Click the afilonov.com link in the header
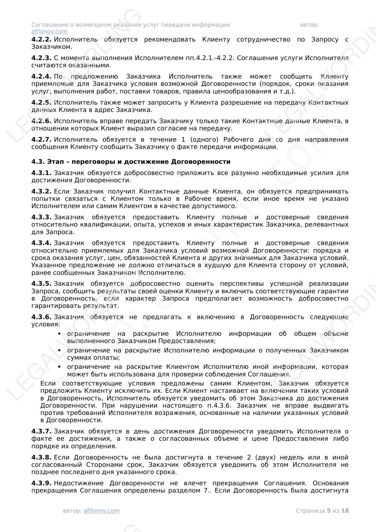tap(49, 32)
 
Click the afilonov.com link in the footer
tap(101, 510)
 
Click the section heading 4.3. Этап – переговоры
tap(131, 162)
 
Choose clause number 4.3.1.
tap(41, 173)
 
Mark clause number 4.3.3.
tap(41, 217)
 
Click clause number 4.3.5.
tap(41, 284)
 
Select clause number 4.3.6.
tap(41, 317)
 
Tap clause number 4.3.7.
tap(41, 431)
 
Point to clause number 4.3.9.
tap(41, 483)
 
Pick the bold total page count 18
tap(345, 510)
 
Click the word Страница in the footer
tap(310, 510)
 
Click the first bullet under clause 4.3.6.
tap(59, 334)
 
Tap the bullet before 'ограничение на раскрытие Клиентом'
tap(59, 367)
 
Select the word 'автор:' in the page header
tap(309, 25)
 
